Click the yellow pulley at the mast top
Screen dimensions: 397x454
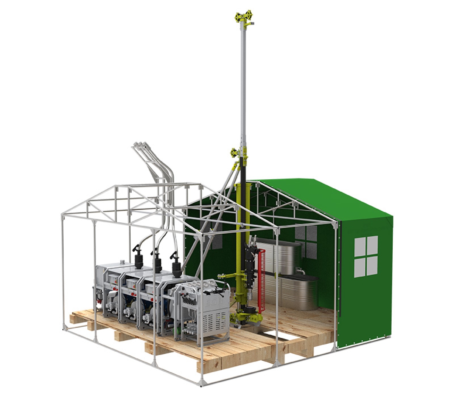(243, 17)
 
